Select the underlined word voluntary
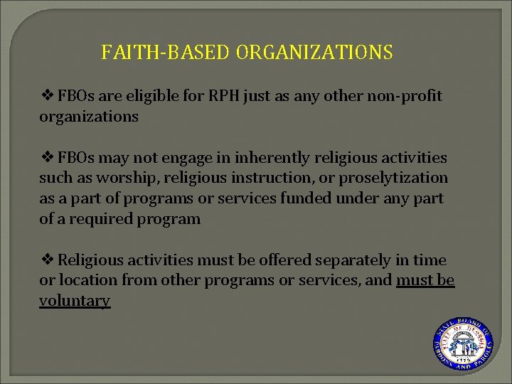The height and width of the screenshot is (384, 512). click(x=75, y=301)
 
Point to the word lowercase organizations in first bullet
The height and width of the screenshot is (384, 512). click(x=89, y=117)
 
